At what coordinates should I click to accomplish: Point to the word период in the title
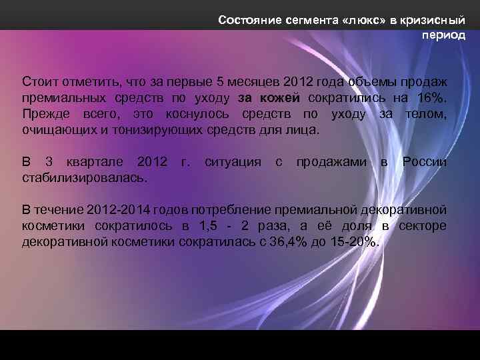[443, 35]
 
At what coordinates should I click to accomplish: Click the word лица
[303, 130]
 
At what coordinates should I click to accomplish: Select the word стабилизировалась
[85, 178]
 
